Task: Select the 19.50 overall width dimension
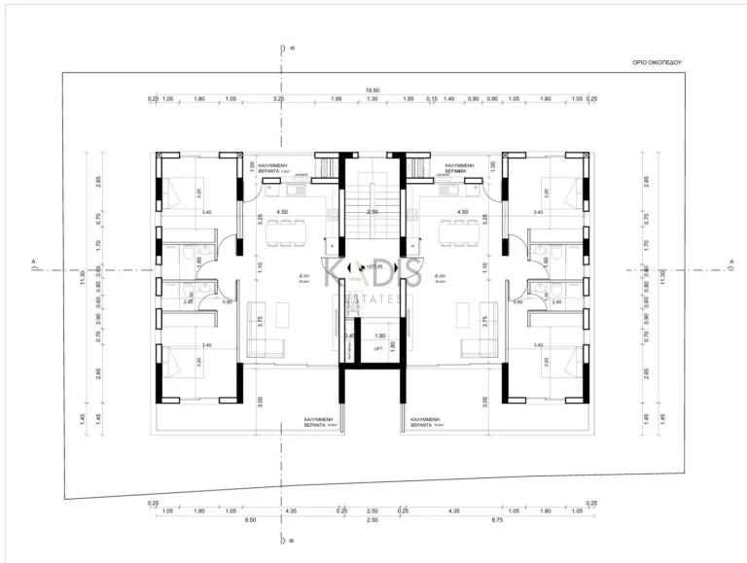[371, 90]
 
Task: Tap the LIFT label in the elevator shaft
[377, 347]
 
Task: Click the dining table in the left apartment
[284, 230]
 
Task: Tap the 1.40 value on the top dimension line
[448, 99]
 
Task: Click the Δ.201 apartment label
[304, 276]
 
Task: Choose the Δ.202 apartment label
[441, 276]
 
